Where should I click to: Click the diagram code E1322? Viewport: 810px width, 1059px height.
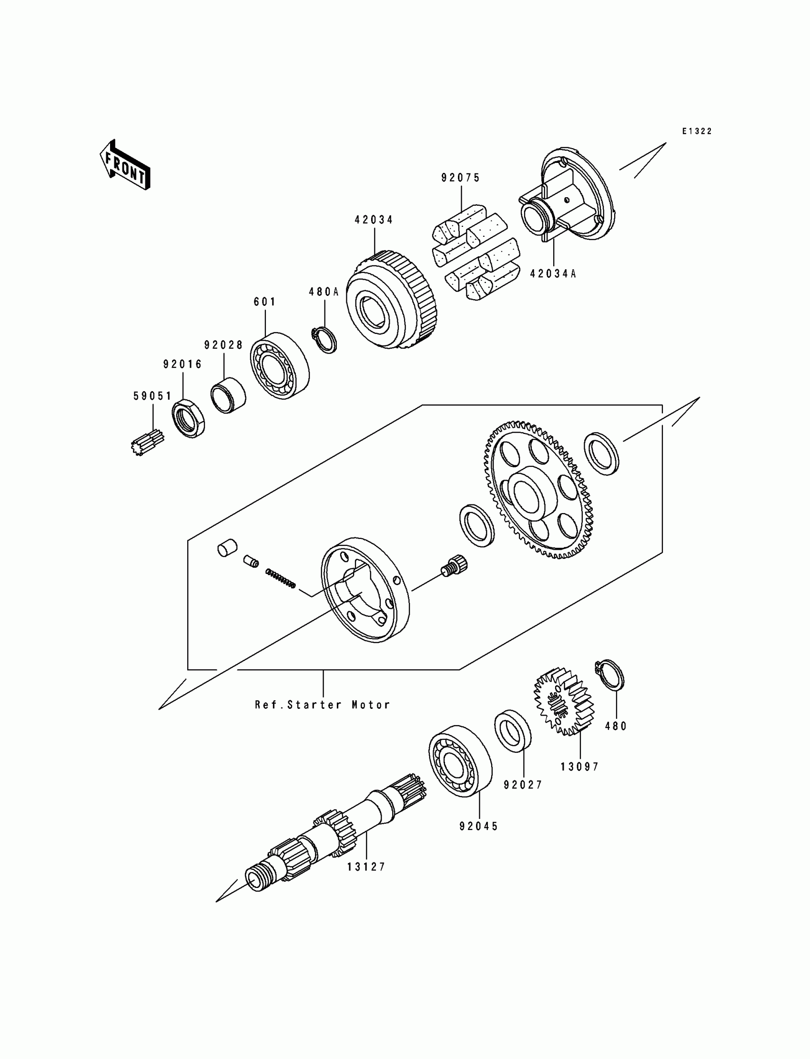(697, 131)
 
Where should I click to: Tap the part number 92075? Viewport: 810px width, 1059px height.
(460, 178)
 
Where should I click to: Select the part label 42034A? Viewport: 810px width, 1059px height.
(553, 274)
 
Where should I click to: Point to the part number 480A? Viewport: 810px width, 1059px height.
(324, 292)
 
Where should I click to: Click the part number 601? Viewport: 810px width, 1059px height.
(265, 302)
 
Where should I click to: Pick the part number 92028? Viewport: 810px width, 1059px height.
(224, 345)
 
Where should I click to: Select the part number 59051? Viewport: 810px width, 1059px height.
(152, 396)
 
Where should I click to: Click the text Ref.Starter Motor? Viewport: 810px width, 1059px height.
(323, 705)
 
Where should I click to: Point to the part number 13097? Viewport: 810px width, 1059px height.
(579, 767)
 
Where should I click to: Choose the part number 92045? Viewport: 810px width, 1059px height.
(479, 826)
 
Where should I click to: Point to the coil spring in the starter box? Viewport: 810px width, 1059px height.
(280, 578)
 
